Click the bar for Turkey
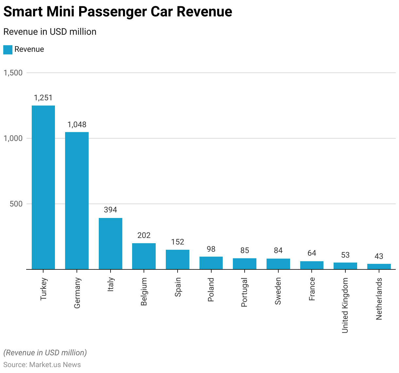[x=43, y=187]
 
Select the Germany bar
[x=77, y=201]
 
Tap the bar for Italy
[x=111, y=244]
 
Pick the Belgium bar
[x=144, y=256]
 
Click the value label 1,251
[x=43, y=98]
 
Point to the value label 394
[x=111, y=210]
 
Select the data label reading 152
[x=178, y=242]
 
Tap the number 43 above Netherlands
[x=379, y=256]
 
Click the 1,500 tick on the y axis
[x=13, y=73]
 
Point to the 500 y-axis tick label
[x=16, y=204]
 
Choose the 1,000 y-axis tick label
[x=13, y=138]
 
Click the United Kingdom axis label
[x=345, y=305]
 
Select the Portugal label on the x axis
[x=244, y=292]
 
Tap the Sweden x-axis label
[x=278, y=291]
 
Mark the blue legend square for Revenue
[x=8, y=50]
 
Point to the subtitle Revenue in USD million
[x=50, y=32]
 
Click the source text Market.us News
[x=55, y=365]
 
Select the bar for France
[x=312, y=265]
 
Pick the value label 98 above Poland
[x=211, y=249]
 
